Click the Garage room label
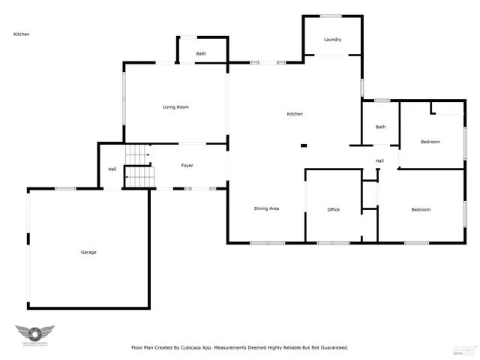(x=88, y=252)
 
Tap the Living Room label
(x=175, y=107)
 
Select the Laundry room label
(x=332, y=40)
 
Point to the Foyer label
(x=188, y=165)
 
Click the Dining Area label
(x=266, y=208)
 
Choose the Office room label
(x=333, y=209)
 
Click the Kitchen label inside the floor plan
(x=295, y=114)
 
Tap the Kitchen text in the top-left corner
(x=21, y=34)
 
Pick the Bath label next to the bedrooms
(x=380, y=127)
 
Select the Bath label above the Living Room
(x=201, y=54)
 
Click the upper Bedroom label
(x=430, y=142)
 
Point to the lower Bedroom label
(x=421, y=209)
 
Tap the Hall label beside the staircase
(x=112, y=169)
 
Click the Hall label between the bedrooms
(x=379, y=160)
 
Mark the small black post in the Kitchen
(x=303, y=145)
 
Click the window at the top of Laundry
(x=331, y=16)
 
